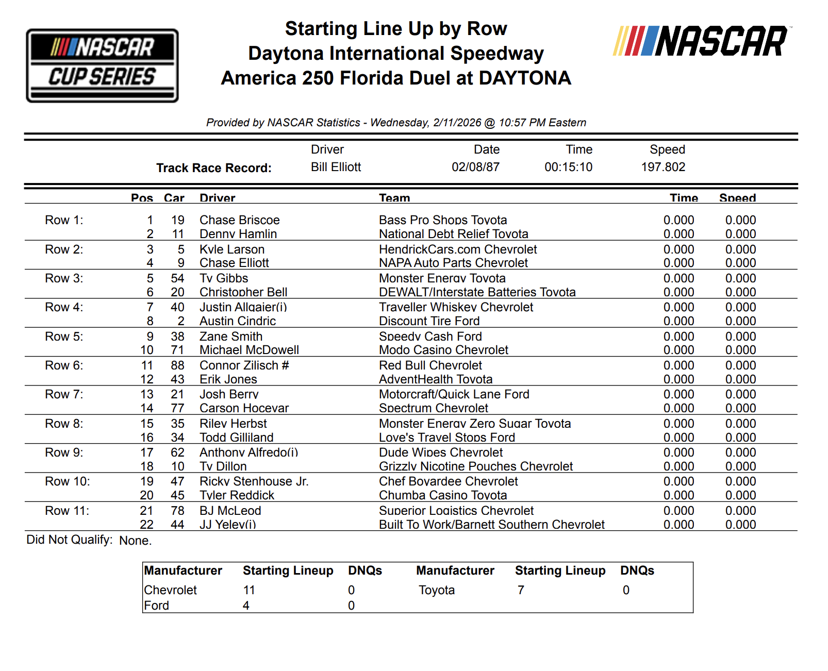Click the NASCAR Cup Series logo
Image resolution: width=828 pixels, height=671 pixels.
click(x=102, y=65)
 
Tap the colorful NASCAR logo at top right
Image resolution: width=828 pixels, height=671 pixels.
click(x=701, y=41)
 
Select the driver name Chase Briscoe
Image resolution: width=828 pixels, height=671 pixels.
click(x=239, y=220)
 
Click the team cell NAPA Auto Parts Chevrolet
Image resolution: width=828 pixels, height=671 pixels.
click(x=453, y=263)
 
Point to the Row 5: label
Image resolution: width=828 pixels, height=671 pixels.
click(x=64, y=337)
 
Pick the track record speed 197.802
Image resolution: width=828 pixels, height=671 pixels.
click(x=663, y=167)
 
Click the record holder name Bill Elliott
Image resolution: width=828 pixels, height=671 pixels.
click(x=336, y=167)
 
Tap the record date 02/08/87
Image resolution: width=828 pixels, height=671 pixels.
click(x=475, y=167)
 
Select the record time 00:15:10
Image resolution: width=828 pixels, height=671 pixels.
click(x=568, y=167)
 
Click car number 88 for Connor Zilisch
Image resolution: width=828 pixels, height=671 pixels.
click(x=177, y=365)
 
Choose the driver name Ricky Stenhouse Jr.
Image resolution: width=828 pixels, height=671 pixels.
click(x=254, y=481)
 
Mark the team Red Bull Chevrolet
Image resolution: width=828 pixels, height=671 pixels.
click(x=430, y=365)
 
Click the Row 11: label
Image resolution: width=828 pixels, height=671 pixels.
click(x=67, y=511)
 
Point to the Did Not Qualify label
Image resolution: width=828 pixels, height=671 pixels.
click(x=69, y=540)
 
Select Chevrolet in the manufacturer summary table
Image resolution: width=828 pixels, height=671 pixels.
click(x=170, y=590)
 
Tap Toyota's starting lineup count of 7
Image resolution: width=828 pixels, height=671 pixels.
click(x=521, y=590)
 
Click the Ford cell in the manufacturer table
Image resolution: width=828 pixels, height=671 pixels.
click(x=156, y=606)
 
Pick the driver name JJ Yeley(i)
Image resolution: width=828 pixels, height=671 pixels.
click(x=227, y=525)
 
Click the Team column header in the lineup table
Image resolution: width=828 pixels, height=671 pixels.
click(x=394, y=198)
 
